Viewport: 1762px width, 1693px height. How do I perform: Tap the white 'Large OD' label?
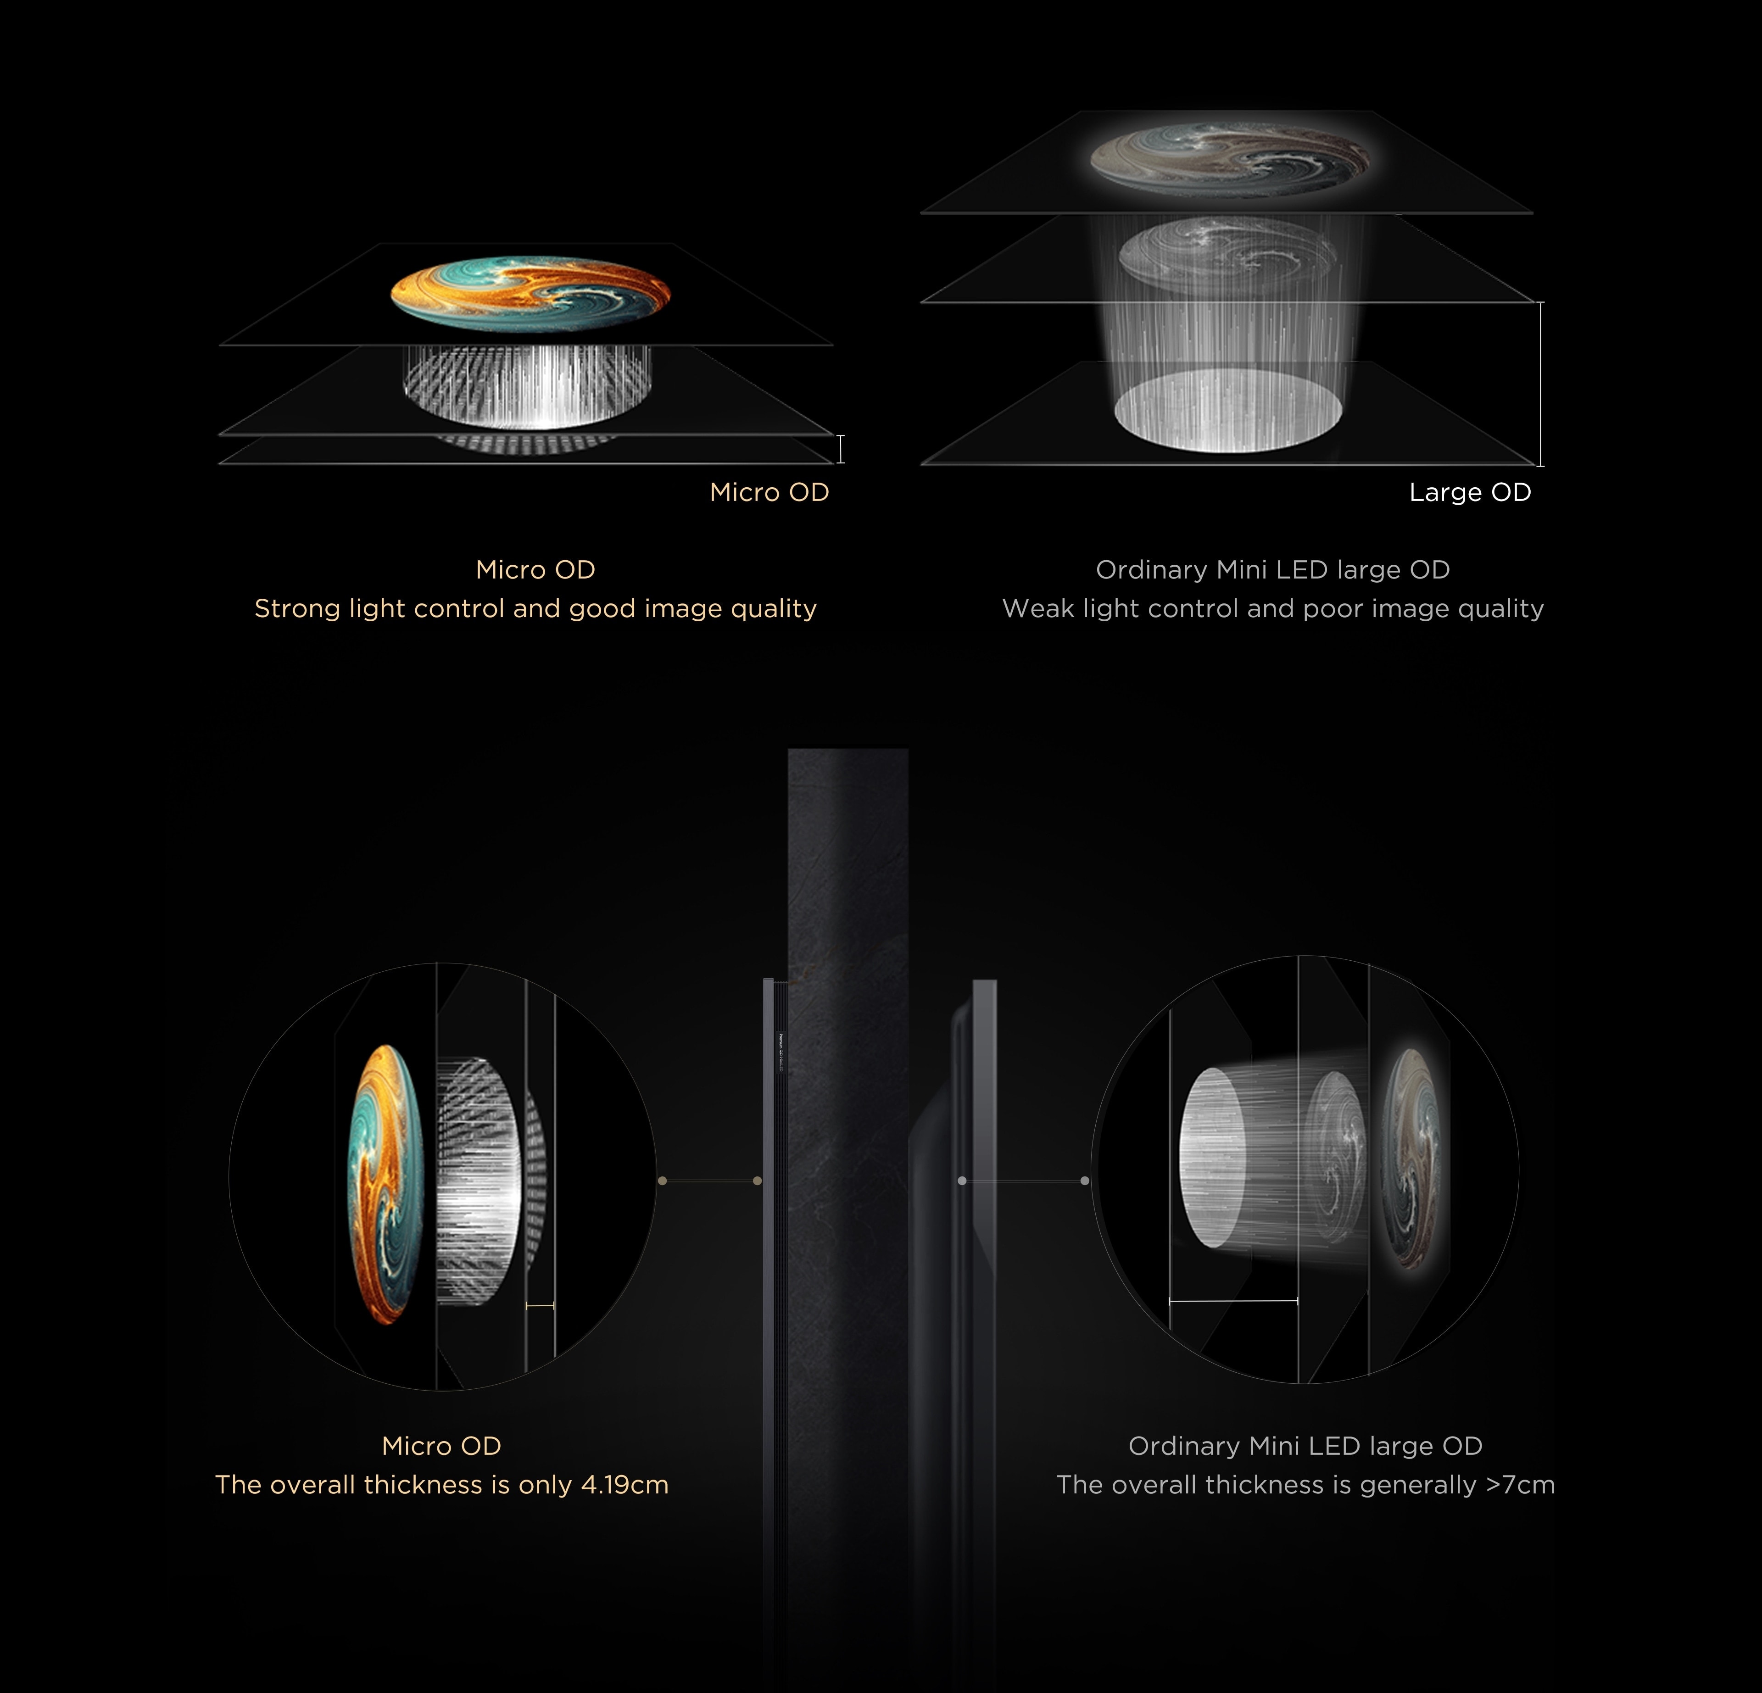point(1470,493)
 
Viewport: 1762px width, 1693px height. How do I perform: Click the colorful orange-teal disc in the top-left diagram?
point(530,292)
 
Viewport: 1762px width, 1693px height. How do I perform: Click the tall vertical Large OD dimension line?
point(1541,384)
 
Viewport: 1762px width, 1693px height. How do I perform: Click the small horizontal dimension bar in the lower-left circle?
point(540,1304)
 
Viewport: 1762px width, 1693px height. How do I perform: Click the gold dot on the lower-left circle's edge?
point(663,1181)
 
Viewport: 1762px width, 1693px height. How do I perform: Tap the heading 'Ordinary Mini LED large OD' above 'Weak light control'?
point(1273,570)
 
